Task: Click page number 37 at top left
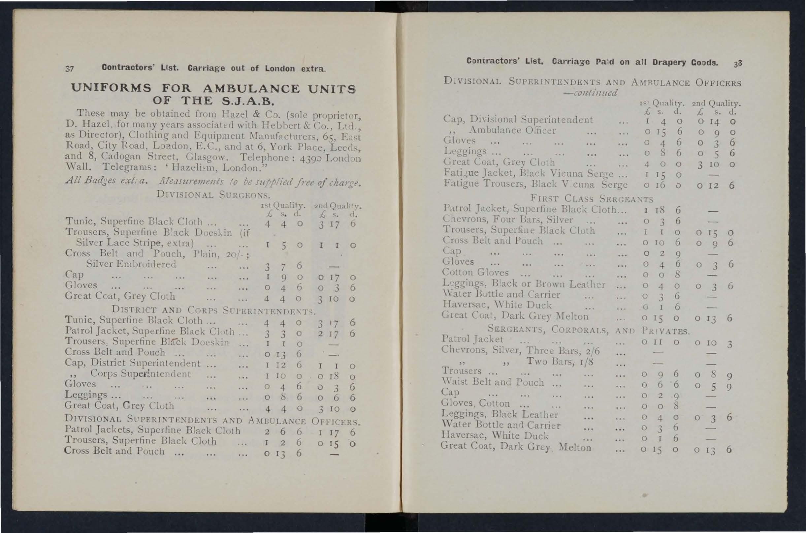click(69, 69)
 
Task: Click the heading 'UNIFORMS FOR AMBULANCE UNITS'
click(213, 88)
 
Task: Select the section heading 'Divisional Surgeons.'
click(213, 195)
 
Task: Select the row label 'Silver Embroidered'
click(131, 264)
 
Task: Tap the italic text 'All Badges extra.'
click(106, 181)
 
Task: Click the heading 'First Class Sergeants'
click(592, 198)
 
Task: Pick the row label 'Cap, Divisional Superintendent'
click(518, 120)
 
